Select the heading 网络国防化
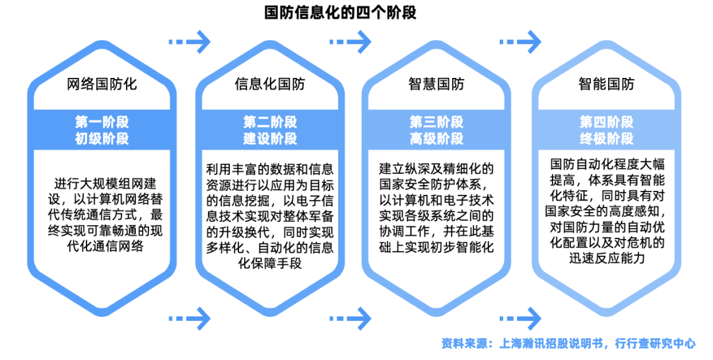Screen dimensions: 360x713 click(x=102, y=84)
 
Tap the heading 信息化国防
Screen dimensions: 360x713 click(x=270, y=84)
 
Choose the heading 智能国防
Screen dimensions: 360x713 click(x=606, y=84)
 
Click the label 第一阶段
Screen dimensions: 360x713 click(x=102, y=122)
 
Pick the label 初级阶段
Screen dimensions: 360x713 click(x=102, y=138)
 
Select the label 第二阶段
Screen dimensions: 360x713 click(x=270, y=122)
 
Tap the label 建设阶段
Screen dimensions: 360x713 click(x=270, y=138)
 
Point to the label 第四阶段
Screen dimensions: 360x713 click(x=606, y=122)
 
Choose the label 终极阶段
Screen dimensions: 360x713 click(x=606, y=138)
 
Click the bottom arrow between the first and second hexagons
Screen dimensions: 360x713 click(x=188, y=318)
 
